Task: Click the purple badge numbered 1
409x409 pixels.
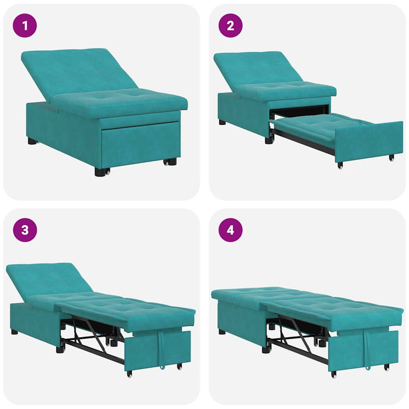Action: [25, 26]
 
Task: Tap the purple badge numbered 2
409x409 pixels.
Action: [230, 26]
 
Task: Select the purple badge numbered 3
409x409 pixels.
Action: [25, 230]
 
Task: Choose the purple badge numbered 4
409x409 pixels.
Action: [230, 230]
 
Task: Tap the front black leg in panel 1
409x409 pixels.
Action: [102, 172]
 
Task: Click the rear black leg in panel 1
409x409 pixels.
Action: [32, 141]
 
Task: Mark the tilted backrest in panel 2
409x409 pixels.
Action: [254, 67]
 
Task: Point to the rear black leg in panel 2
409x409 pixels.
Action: [222, 123]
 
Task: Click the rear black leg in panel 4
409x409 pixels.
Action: [222, 331]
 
